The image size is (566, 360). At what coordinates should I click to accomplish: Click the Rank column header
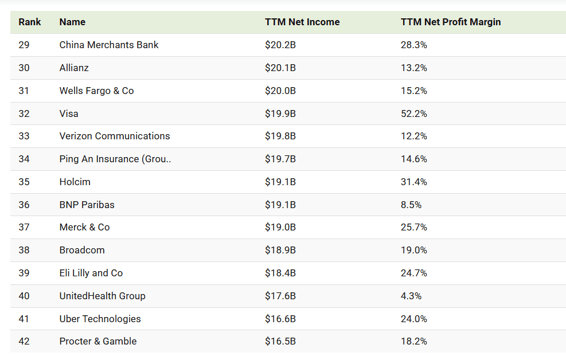(x=30, y=22)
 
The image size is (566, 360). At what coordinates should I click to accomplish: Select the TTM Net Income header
(x=302, y=22)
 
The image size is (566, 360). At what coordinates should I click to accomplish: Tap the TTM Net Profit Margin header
(x=451, y=22)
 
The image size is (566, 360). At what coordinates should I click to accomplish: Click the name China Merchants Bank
(x=109, y=45)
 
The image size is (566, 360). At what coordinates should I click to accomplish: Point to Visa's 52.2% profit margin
(x=414, y=114)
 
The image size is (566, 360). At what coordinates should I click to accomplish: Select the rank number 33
(x=24, y=136)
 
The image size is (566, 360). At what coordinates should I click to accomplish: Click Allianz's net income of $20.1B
(x=280, y=68)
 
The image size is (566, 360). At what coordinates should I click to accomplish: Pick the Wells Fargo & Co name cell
(x=96, y=91)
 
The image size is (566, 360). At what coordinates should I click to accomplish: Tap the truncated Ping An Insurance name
(x=115, y=159)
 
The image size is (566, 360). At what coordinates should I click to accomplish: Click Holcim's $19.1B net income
(x=280, y=182)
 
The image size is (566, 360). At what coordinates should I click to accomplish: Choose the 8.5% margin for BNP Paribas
(x=411, y=205)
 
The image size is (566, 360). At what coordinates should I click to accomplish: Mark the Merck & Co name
(x=84, y=227)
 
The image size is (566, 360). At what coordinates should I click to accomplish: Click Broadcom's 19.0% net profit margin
(x=414, y=250)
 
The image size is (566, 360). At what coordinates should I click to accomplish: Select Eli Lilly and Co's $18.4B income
(x=280, y=273)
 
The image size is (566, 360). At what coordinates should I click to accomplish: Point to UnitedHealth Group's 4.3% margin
(x=411, y=296)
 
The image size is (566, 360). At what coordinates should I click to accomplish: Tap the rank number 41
(x=24, y=319)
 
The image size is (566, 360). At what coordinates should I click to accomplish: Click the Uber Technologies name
(x=100, y=319)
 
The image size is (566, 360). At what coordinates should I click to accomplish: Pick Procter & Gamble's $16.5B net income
(x=280, y=341)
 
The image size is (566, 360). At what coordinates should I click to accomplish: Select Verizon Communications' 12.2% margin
(x=414, y=136)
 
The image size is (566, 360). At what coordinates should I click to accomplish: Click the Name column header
(x=72, y=22)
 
